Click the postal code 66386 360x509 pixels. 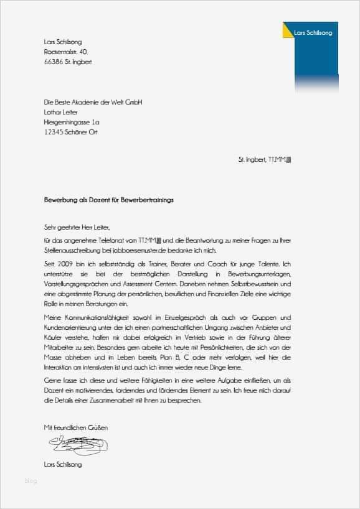(52, 62)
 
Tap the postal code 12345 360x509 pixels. (54, 132)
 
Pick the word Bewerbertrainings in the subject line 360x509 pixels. (150, 200)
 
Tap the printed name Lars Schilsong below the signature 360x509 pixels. (63, 464)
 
